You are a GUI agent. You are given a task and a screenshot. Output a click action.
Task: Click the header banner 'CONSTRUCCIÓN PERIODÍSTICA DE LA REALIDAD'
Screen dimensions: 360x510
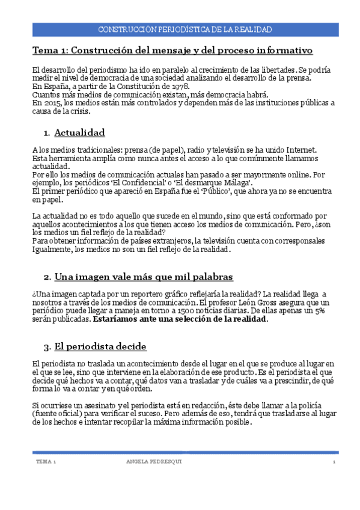[184, 29]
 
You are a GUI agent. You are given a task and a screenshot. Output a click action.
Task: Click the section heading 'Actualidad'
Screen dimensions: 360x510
[79, 132]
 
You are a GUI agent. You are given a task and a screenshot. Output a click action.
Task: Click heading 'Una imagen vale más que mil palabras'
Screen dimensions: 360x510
[144, 277]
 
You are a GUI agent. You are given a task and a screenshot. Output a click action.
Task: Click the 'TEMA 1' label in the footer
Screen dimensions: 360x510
[46, 461]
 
